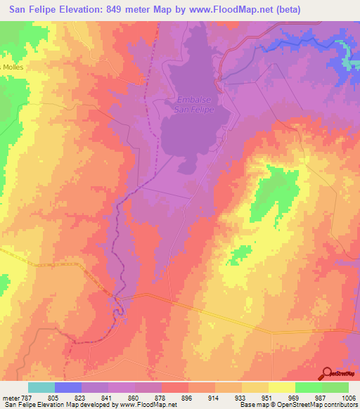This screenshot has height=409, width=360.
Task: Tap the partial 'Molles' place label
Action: (12, 67)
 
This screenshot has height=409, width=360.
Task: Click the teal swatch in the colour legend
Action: (41, 387)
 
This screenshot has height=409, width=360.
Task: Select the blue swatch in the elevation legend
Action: (68, 387)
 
